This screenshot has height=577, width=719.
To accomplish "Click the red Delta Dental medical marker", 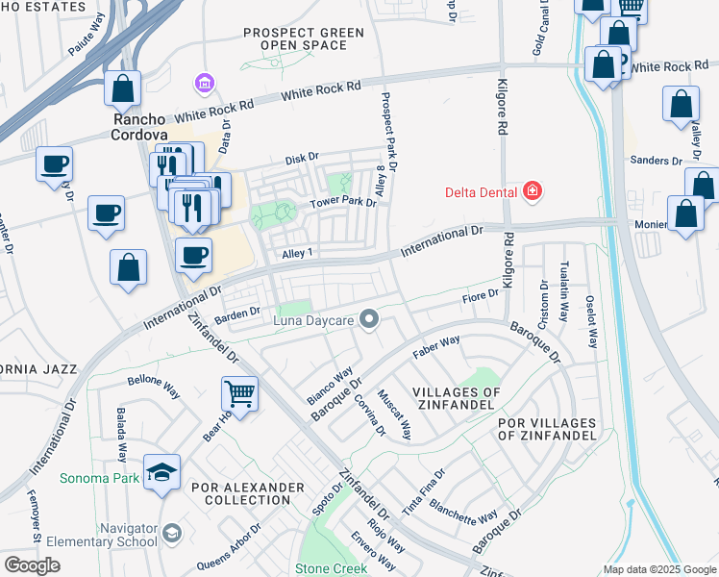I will click(531, 191).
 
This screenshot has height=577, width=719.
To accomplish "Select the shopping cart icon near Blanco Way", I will click(239, 392).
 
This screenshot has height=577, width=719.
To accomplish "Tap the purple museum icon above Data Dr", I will click(204, 85).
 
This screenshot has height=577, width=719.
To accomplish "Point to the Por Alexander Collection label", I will click(247, 493).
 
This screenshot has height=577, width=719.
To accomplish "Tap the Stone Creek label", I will click(332, 568).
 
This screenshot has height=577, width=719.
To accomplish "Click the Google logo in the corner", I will click(33, 565).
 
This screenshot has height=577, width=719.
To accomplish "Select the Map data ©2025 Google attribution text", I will click(658, 568).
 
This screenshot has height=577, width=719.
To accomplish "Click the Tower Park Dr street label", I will click(342, 203).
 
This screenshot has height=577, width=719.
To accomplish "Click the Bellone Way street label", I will click(154, 381).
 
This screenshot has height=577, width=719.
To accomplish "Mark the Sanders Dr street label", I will click(656, 161).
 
